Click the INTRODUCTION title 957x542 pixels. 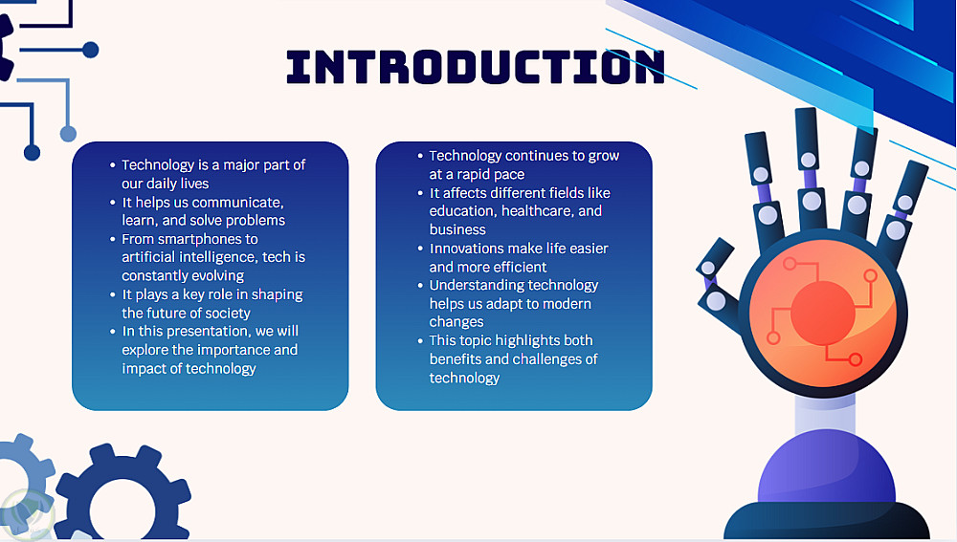(476, 67)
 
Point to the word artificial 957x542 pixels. (148, 257)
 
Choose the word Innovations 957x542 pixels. (466, 249)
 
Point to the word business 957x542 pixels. (457, 229)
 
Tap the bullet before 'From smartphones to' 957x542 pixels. (112, 239)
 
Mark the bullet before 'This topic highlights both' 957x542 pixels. (420, 341)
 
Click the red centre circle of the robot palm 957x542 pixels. (822, 313)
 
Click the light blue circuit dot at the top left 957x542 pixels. (68, 134)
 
